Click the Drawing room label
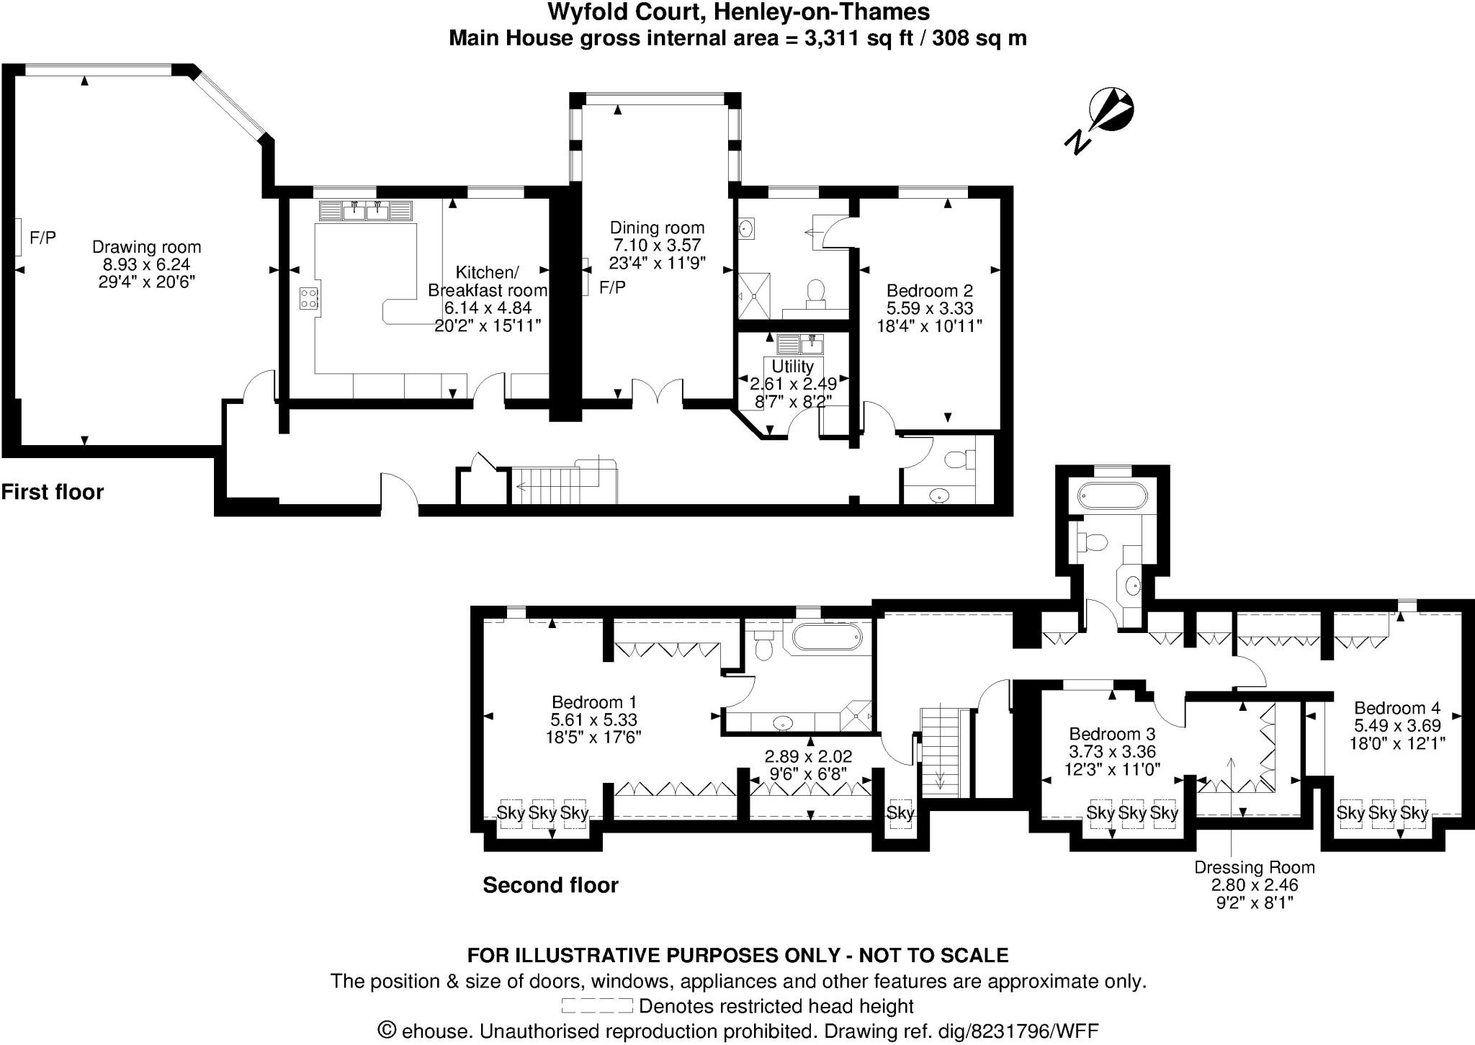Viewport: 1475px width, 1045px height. [x=146, y=247]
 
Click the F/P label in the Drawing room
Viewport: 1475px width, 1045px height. [x=42, y=238]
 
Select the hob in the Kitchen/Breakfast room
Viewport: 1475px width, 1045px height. [x=310, y=298]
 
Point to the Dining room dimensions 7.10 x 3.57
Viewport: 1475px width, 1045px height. [x=656, y=246]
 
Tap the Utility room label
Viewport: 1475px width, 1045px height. [x=792, y=366]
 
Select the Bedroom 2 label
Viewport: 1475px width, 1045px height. [x=929, y=290]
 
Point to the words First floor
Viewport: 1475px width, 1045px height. [x=53, y=492]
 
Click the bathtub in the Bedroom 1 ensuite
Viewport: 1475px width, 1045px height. [x=826, y=637]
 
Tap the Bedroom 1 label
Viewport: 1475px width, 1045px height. [x=593, y=701]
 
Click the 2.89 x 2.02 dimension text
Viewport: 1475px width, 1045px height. [x=808, y=756]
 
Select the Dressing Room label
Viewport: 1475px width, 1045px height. [x=1254, y=867]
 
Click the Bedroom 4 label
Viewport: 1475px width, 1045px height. [x=1396, y=707]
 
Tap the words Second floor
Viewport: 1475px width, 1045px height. [x=550, y=885]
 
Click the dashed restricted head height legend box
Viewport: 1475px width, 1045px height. [x=596, y=1005]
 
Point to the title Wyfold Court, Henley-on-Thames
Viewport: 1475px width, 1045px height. [x=738, y=12]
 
